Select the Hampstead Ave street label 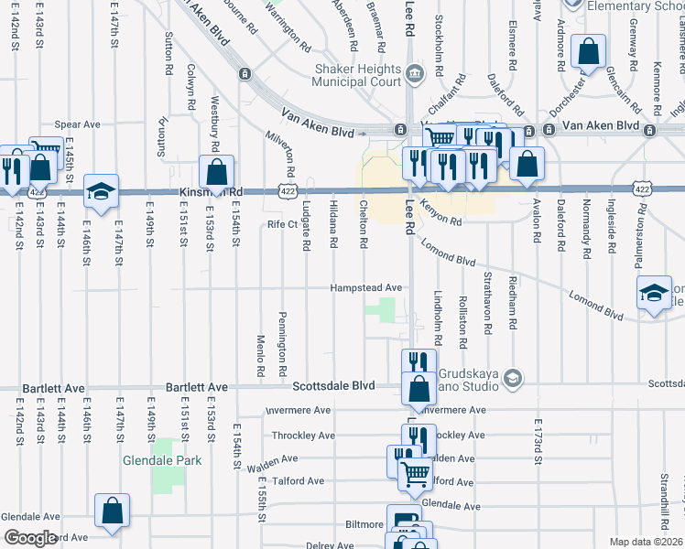click(x=367, y=286)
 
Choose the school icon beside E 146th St click(x=101, y=190)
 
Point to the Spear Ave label click(x=77, y=124)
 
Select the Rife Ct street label click(x=283, y=223)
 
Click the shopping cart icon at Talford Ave click(x=416, y=474)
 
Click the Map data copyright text click(x=646, y=542)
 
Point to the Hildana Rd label click(x=333, y=224)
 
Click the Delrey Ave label click(x=330, y=544)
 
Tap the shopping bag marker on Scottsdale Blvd click(x=419, y=388)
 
